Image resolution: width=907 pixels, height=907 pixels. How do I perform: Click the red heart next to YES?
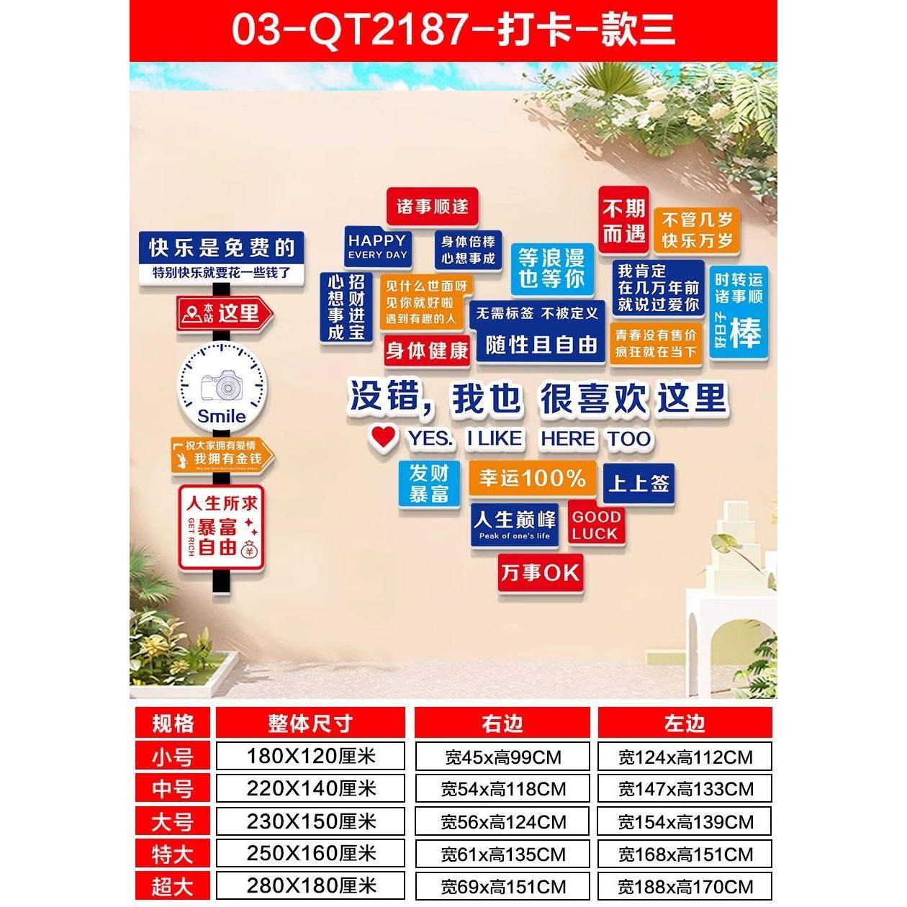tap(384, 436)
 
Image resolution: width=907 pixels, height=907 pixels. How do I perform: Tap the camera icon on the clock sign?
tap(222, 387)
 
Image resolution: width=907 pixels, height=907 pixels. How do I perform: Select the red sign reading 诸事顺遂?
tap(433, 207)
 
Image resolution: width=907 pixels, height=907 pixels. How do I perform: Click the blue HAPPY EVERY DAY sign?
tap(377, 246)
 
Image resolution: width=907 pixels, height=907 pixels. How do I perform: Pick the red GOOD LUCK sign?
tap(595, 525)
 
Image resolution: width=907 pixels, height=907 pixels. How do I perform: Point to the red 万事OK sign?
tap(540, 573)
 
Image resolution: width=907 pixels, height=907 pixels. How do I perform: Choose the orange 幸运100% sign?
tap(533, 478)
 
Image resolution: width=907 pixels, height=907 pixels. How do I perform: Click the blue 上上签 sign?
tap(639, 483)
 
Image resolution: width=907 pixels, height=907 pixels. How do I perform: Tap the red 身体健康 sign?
tap(427, 351)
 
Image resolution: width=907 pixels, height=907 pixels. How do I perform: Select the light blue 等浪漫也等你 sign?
tap(551, 269)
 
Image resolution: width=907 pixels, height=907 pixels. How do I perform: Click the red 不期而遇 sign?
tap(623, 220)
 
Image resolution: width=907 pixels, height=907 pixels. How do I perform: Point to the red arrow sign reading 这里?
tap(225, 313)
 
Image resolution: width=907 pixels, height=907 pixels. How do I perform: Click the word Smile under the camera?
tap(222, 416)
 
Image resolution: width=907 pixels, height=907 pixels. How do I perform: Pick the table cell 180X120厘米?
tap(311, 757)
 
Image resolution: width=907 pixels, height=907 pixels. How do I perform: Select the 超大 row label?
tap(173, 886)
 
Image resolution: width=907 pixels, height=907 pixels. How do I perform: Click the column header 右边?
tap(502, 723)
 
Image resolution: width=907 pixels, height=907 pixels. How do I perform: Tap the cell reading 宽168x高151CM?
tap(685, 854)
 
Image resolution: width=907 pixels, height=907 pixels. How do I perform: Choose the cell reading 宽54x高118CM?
tap(502, 789)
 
